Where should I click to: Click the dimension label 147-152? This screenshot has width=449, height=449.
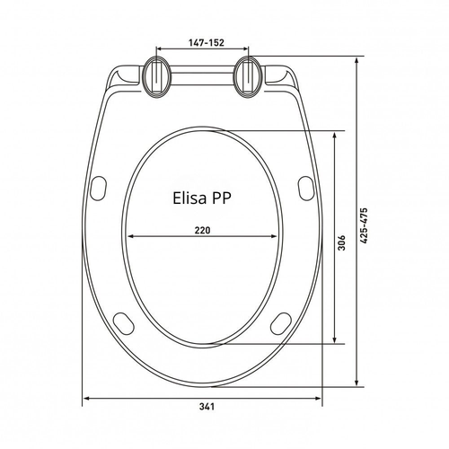pyautogui.click(x=207, y=42)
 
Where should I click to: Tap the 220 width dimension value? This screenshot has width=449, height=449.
pyautogui.click(x=203, y=230)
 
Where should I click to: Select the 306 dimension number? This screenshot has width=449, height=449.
pyautogui.click(x=342, y=242)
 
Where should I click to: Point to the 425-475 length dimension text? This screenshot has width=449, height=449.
pyautogui.click(x=364, y=225)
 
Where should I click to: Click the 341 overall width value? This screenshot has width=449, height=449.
pyautogui.click(x=207, y=407)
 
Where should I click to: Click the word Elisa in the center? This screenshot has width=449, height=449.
pyautogui.click(x=189, y=198)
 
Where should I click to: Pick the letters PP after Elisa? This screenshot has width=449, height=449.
pyautogui.click(x=222, y=198)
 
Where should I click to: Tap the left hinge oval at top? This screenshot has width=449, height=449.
pyautogui.click(x=157, y=76)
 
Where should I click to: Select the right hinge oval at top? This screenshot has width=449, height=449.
pyautogui.click(x=248, y=76)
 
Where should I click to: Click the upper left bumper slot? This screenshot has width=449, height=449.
pyautogui.click(x=99, y=189)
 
